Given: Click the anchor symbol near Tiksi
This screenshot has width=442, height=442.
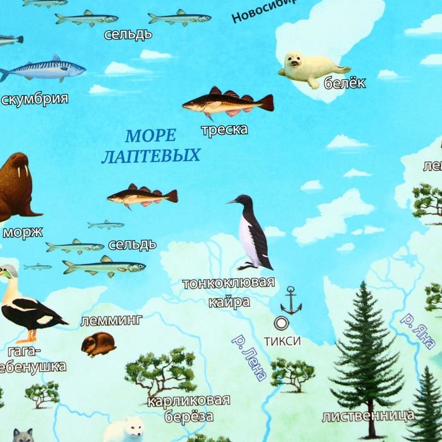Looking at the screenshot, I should (291, 300).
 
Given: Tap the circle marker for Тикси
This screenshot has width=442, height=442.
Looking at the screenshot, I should (282, 323).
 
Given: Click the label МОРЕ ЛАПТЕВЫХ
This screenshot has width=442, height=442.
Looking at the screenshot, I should (150, 145).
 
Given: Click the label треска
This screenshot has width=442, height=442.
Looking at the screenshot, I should (224, 130).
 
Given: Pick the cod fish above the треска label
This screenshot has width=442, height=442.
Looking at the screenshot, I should (227, 103).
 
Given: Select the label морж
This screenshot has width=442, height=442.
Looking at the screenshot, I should (23, 232).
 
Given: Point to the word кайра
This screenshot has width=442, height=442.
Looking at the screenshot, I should (229, 302).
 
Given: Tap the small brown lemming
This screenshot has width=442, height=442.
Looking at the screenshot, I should (99, 344).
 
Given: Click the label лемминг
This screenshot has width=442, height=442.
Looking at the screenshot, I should (112, 320).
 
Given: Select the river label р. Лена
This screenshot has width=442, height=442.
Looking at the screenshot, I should (249, 357).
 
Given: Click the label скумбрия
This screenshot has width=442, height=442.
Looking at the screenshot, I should (34, 99).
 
